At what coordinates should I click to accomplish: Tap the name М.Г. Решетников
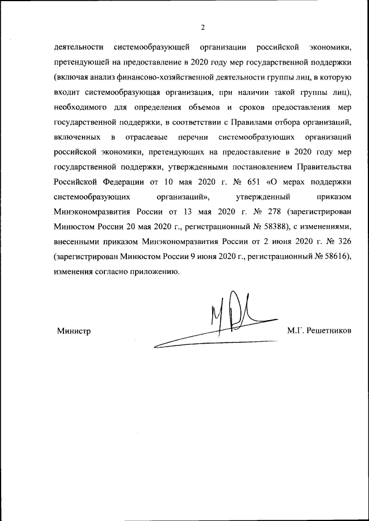tap(319, 331)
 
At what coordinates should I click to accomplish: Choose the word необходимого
tap(81, 107)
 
